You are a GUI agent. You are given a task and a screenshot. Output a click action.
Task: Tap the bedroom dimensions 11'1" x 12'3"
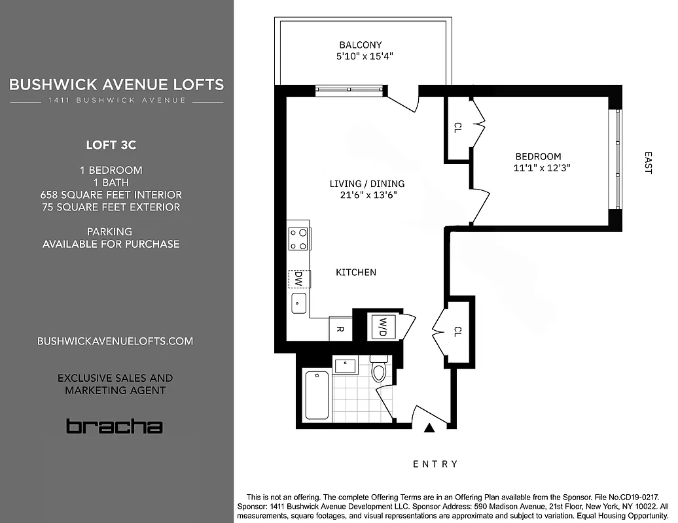point(538,168)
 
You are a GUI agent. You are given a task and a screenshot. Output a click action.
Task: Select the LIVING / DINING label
point(366,184)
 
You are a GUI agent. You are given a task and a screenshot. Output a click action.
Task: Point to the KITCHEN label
point(356,272)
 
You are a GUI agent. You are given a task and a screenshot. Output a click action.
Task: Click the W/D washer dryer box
point(380,326)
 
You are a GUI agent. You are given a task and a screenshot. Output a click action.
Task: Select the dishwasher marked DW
point(298,279)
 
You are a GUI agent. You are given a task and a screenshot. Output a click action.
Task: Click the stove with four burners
point(298,239)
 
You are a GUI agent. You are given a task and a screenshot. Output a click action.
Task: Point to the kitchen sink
point(298,303)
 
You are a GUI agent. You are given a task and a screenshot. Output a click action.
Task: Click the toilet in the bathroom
point(379,370)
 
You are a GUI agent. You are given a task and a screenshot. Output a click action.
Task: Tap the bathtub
point(317,396)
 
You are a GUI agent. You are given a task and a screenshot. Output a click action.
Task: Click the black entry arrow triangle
point(429,428)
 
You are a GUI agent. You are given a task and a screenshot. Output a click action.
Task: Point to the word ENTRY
point(435,464)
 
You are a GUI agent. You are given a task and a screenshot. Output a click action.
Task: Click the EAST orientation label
point(648,163)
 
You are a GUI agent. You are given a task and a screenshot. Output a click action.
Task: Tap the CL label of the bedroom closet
point(457,127)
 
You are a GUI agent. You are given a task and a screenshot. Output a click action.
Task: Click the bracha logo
point(114,427)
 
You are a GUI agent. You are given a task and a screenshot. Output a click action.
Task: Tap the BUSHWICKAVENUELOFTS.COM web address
point(115,341)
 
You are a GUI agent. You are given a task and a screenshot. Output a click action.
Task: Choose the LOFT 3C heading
point(111,144)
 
